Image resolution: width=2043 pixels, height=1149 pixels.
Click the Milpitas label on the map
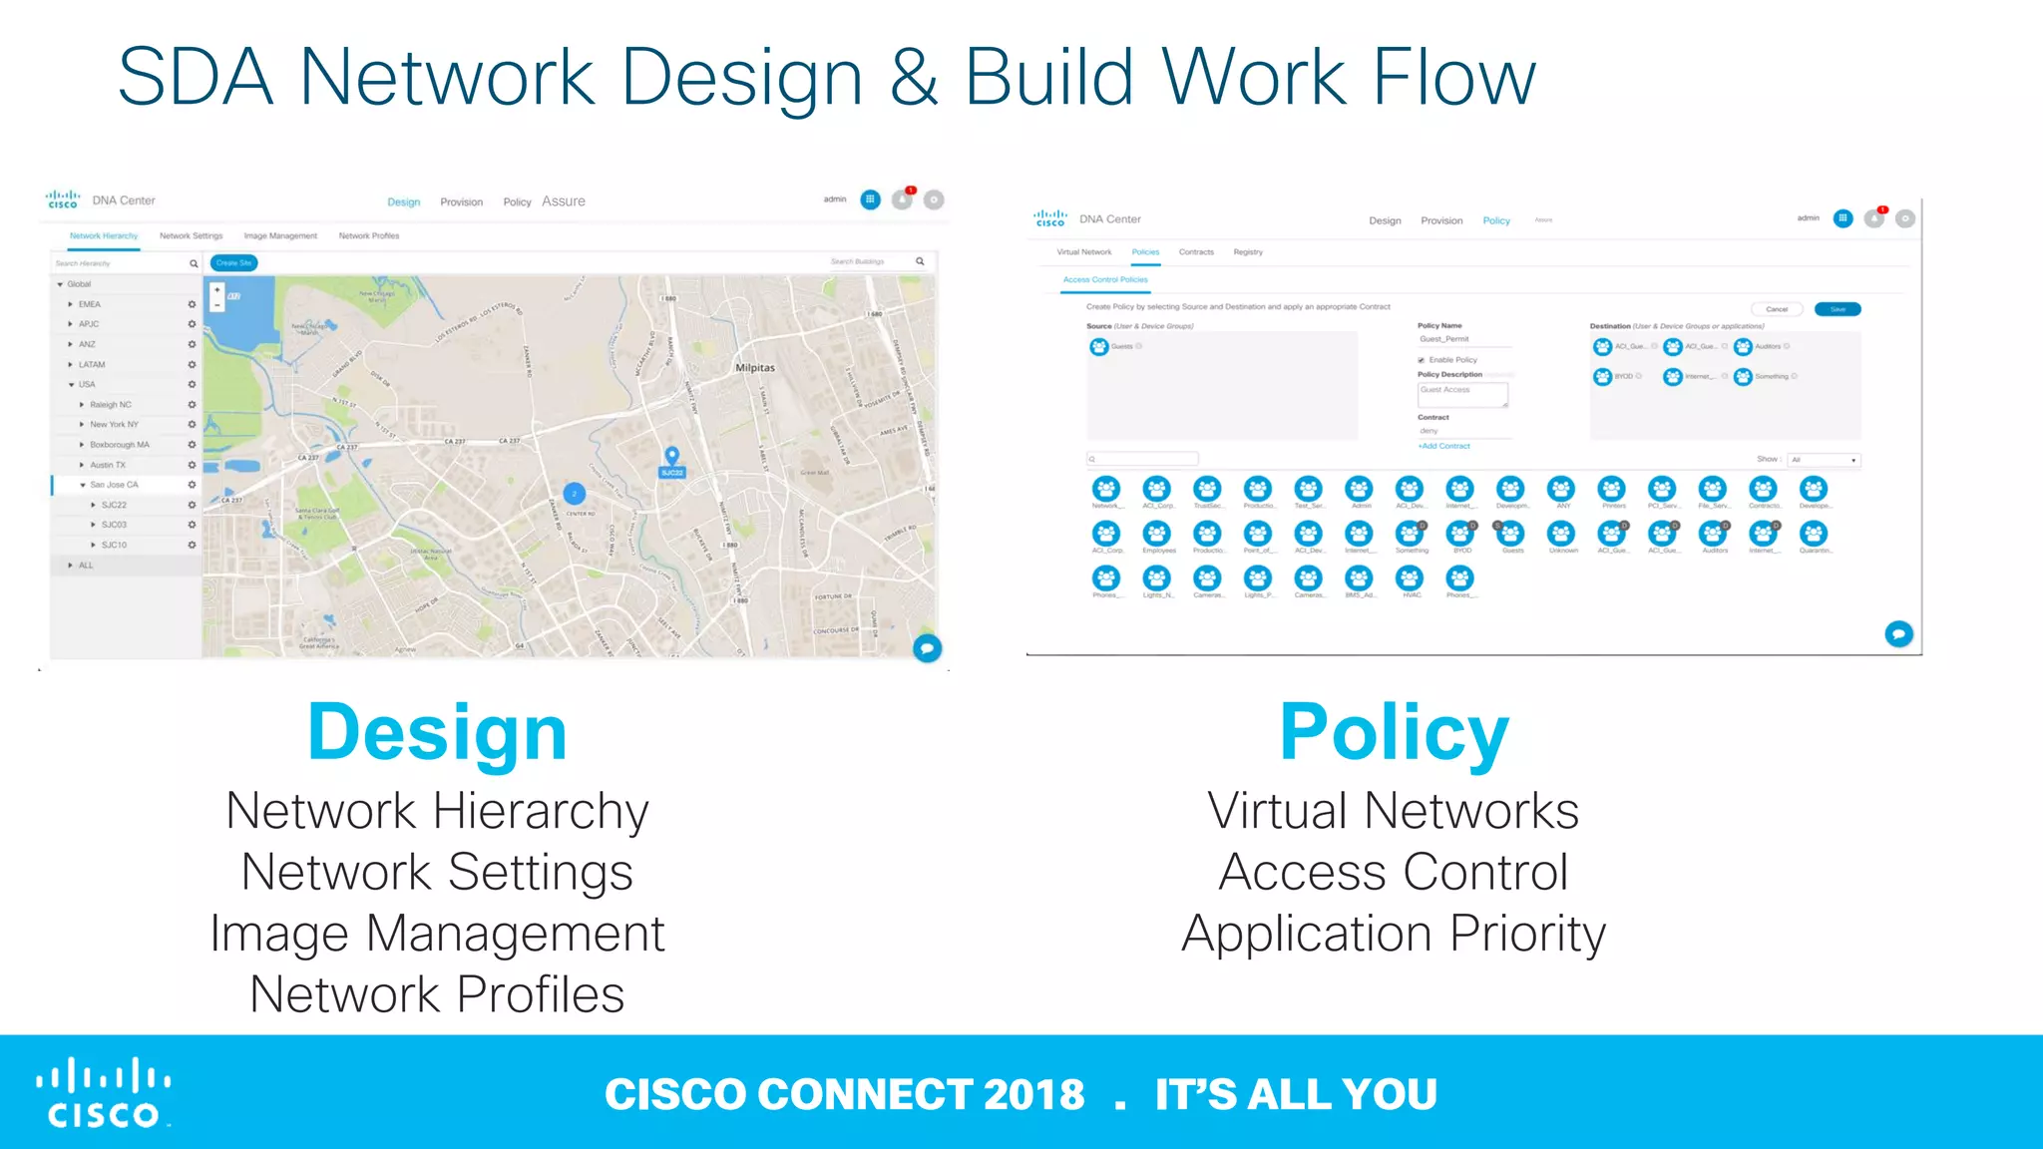click(755, 368)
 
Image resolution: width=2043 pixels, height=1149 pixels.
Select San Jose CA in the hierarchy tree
click(114, 485)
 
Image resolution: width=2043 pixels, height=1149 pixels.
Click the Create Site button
click(233, 263)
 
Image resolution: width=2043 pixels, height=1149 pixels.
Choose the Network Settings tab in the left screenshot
click(191, 236)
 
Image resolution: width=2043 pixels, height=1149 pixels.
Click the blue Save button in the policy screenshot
click(1838, 309)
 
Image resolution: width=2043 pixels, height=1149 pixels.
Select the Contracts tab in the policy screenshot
click(1196, 252)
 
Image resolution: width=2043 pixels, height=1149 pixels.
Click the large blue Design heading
click(437, 733)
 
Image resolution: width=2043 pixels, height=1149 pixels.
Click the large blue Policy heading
click(1394, 733)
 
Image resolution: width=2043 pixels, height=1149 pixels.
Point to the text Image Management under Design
click(437, 934)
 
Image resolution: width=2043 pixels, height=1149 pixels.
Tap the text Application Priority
click(1394, 934)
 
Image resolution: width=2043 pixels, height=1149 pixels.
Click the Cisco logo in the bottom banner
click(104, 1093)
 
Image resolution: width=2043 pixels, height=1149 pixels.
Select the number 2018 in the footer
click(1033, 1094)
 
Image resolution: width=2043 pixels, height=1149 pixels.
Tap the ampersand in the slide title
click(914, 77)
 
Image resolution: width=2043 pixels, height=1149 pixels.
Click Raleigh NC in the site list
click(110, 405)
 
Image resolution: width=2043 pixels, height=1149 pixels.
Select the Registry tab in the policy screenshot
click(1248, 252)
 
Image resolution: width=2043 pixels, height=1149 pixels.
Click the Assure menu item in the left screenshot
click(564, 201)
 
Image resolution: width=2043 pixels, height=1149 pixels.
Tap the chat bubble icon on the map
click(927, 648)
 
